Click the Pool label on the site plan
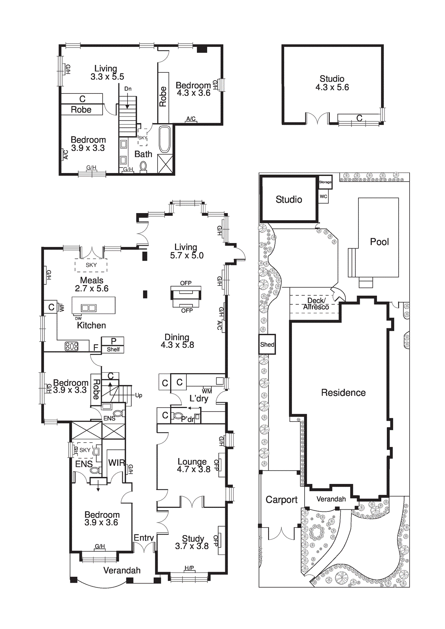[x=379, y=242]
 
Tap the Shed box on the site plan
[x=267, y=344]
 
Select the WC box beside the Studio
[x=323, y=197]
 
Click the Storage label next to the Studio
[x=325, y=182]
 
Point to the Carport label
[x=281, y=500]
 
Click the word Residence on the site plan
[x=343, y=392]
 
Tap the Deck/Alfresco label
[x=316, y=304]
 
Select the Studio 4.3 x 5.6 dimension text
[x=332, y=87]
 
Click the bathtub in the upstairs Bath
[x=164, y=139]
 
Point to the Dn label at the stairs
[x=128, y=89]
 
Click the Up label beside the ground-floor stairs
[x=138, y=395]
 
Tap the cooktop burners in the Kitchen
[x=72, y=346]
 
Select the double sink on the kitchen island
[x=88, y=308]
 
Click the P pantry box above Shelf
[x=113, y=341]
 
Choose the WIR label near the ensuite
[x=116, y=463]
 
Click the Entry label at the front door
[x=143, y=538]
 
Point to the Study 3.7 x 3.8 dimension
[x=192, y=546]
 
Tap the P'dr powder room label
[x=188, y=419]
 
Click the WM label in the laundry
[x=207, y=391]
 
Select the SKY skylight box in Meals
[x=91, y=265]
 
